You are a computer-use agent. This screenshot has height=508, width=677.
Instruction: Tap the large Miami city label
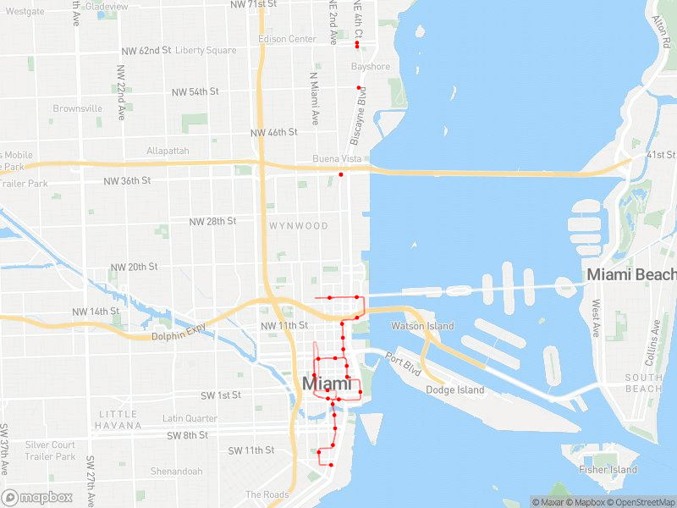[x=327, y=384]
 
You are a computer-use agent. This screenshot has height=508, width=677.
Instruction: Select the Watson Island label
[x=422, y=326]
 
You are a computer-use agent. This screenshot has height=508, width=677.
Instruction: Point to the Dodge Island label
[x=455, y=390]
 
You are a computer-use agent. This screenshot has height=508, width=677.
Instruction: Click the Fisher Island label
[x=608, y=470]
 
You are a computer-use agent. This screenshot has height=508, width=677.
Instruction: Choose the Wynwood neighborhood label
[x=299, y=226]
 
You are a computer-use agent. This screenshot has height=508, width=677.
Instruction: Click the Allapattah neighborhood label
[x=168, y=151]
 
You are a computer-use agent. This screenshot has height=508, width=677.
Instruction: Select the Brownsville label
[x=78, y=108]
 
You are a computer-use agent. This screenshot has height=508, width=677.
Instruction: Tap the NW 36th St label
[x=127, y=180]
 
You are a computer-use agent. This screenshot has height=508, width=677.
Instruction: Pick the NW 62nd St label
[x=146, y=51]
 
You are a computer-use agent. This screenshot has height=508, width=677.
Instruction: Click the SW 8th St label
[x=188, y=435]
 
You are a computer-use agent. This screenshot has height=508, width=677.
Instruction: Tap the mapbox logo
[x=37, y=497]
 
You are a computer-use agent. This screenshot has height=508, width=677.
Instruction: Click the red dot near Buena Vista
[x=341, y=174]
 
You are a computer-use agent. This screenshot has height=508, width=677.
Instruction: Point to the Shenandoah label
[x=176, y=472]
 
